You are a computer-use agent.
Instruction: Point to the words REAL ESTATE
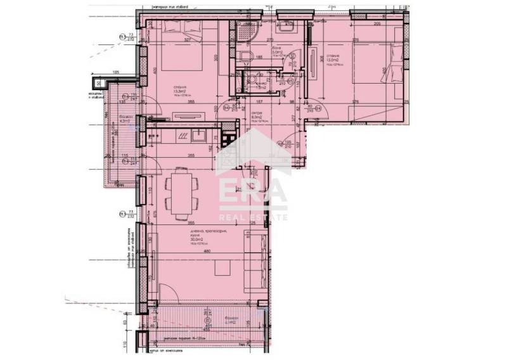(x=253, y=217)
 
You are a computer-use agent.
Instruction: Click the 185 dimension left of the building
(x=116, y=72)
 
